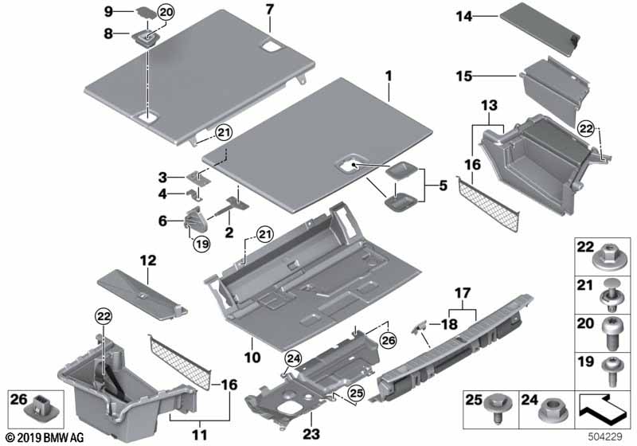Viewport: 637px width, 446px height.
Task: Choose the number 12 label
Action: tap(149, 260)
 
